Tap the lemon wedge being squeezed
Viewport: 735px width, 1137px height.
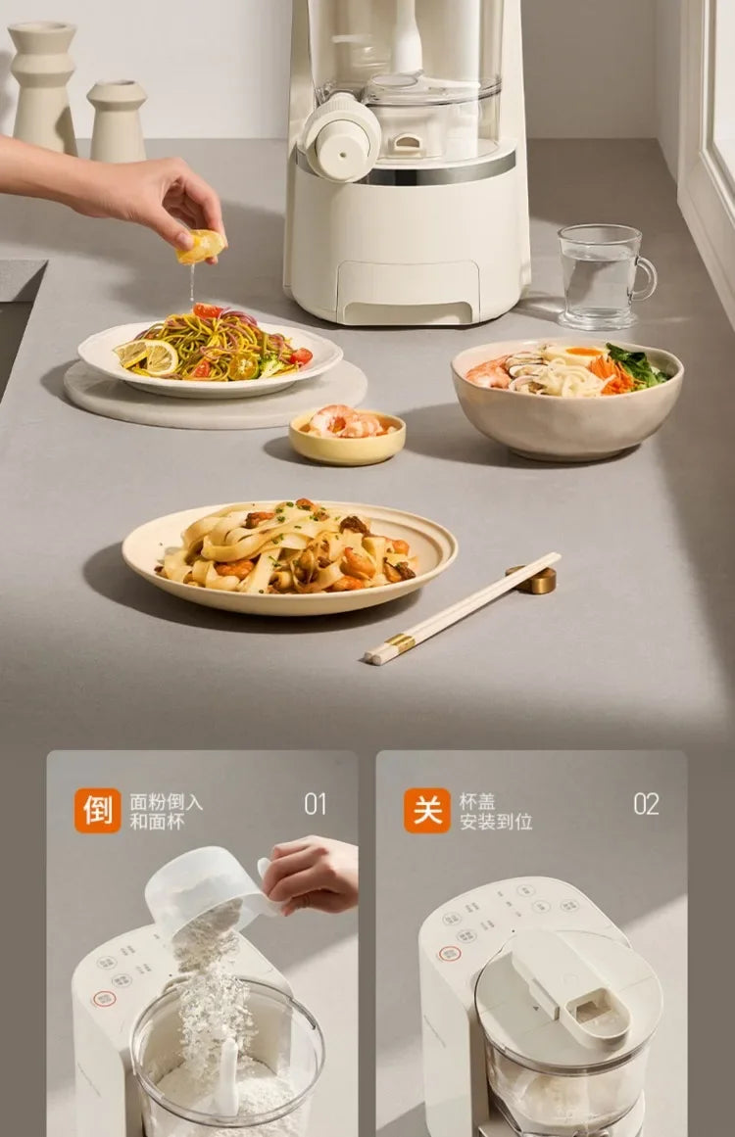(201, 245)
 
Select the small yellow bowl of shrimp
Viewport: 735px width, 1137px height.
(347, 436)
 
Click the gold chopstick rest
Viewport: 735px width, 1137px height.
(534, 580)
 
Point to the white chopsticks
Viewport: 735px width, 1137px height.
(461, 609)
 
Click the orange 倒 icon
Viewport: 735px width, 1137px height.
(98, 811)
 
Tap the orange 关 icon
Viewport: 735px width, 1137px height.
(427, 811)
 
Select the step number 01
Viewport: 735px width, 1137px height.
(316, 804)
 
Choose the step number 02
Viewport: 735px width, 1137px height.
(646, 804)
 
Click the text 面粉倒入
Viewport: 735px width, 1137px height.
(167, 801)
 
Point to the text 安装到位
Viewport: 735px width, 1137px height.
(496, 822)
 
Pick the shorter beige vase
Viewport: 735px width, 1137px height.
(118, 121)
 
